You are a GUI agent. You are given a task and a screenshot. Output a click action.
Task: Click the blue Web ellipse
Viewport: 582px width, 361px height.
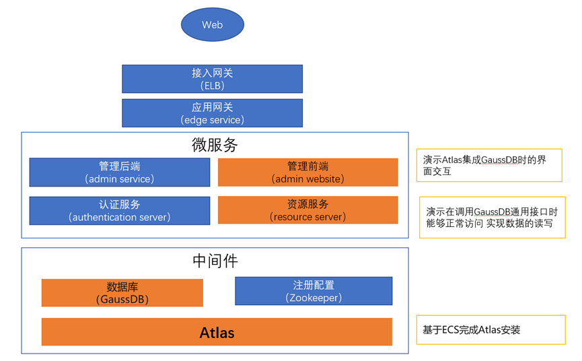213,24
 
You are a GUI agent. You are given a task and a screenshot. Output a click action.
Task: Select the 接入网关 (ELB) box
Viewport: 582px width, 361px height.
213,79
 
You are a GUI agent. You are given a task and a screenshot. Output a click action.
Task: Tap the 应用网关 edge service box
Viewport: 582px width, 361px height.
213,113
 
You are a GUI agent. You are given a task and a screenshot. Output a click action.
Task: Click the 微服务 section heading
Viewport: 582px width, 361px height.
215,145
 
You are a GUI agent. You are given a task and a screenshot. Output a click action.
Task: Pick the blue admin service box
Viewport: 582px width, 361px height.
120,172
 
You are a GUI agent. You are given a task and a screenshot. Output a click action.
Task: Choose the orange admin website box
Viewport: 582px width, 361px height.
307,172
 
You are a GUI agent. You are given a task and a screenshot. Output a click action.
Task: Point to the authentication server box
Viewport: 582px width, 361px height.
120,211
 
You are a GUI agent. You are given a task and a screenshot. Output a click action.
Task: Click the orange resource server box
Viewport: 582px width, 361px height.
307,210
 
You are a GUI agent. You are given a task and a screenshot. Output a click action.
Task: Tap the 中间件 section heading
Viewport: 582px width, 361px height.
215,261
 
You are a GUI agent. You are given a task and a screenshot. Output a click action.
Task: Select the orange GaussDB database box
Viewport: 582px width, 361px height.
122,293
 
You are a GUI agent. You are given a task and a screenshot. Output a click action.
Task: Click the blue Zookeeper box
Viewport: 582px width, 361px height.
314,291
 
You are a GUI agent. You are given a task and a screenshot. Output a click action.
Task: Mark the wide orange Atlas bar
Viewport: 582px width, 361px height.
217,331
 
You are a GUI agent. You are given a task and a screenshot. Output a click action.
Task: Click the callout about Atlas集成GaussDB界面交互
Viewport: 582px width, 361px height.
489,165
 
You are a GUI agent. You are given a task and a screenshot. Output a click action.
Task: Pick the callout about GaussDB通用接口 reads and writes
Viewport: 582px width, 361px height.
492,218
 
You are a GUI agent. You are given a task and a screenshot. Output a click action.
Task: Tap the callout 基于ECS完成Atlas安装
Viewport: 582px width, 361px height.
490,330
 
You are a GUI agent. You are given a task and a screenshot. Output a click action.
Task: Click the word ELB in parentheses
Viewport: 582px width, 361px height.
213,86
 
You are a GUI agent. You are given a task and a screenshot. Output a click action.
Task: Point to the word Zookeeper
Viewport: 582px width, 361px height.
314,298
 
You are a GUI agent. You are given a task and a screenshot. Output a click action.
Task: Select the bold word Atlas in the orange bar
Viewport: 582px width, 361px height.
217,333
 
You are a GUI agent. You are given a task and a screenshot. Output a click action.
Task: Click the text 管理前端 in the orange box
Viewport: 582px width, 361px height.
307,166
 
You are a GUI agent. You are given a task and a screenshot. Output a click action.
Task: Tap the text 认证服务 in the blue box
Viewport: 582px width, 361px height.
120,204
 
